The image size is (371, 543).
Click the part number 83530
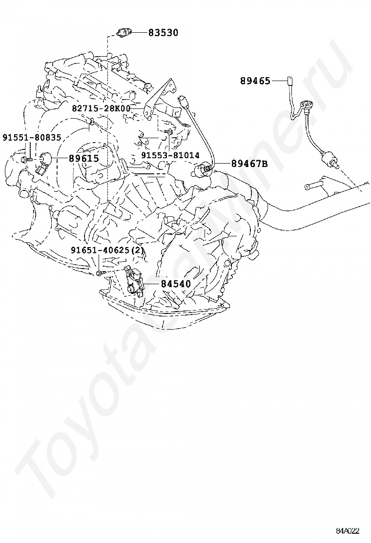pos(164,33)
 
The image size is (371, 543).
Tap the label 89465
pos(255,81)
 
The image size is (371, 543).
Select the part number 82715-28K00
pos(101,108)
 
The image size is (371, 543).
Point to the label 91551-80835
pos(32,138)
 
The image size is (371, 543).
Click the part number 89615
pos(84,158)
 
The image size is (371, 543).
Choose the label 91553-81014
pos(170,155)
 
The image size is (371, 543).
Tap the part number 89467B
pos(249,164)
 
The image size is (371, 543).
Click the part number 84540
pos(175,284)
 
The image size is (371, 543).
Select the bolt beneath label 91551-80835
pos(26,160)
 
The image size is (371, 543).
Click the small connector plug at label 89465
pos(289,81)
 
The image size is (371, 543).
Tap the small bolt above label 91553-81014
pos(168,131)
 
